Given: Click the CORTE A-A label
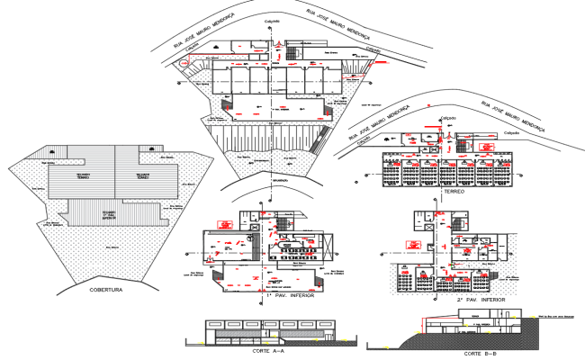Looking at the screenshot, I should (x=269, y=351).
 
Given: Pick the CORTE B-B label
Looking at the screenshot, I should (x=478, y=354).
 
